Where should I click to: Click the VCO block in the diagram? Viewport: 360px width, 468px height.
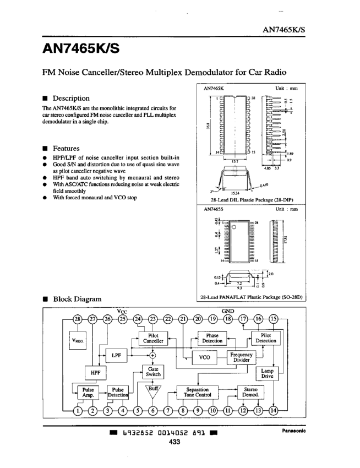coord(205,357)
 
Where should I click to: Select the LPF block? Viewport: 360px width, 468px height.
coord(116,356)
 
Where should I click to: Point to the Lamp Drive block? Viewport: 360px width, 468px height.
coord(268,373)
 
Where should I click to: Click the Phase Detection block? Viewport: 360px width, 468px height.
coord(212,338)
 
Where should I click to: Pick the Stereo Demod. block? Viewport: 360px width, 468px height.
coord(250,392)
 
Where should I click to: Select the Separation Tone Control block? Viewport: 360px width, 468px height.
coord(197,392)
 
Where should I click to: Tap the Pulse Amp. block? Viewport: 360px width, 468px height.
coord(88,392)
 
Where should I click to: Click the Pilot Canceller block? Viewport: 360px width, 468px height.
coord(153,338)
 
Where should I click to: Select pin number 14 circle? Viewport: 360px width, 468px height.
coord(274,410)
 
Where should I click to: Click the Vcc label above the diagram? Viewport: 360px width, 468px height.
coord(122,311)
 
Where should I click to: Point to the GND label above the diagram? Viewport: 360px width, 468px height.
coord(228,311)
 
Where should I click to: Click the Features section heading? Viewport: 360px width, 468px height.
coord(66,149)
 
